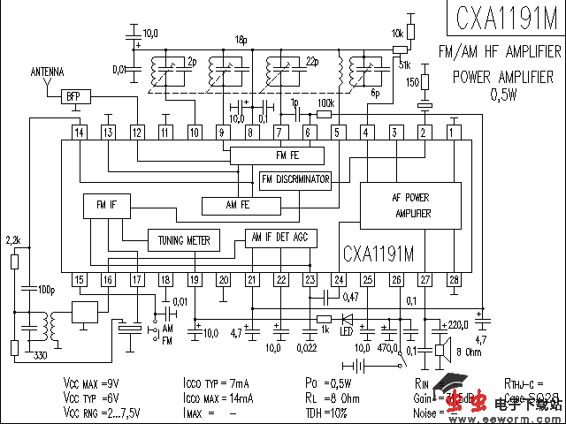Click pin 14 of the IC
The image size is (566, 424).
tap(80, 132)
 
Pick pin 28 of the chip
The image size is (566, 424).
tap(454, 280)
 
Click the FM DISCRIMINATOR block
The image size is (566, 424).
tap(295, 180)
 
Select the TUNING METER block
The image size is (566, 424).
tap(184, 239)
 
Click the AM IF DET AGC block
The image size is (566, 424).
tap(279, 236)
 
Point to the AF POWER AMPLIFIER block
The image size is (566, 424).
tap(412, 206)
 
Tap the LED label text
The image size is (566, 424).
tap(346, 332)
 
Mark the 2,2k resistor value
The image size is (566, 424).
tap(13, 239)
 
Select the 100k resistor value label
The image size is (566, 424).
tap(325, 103)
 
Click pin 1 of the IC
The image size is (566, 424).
tap(453, 132)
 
